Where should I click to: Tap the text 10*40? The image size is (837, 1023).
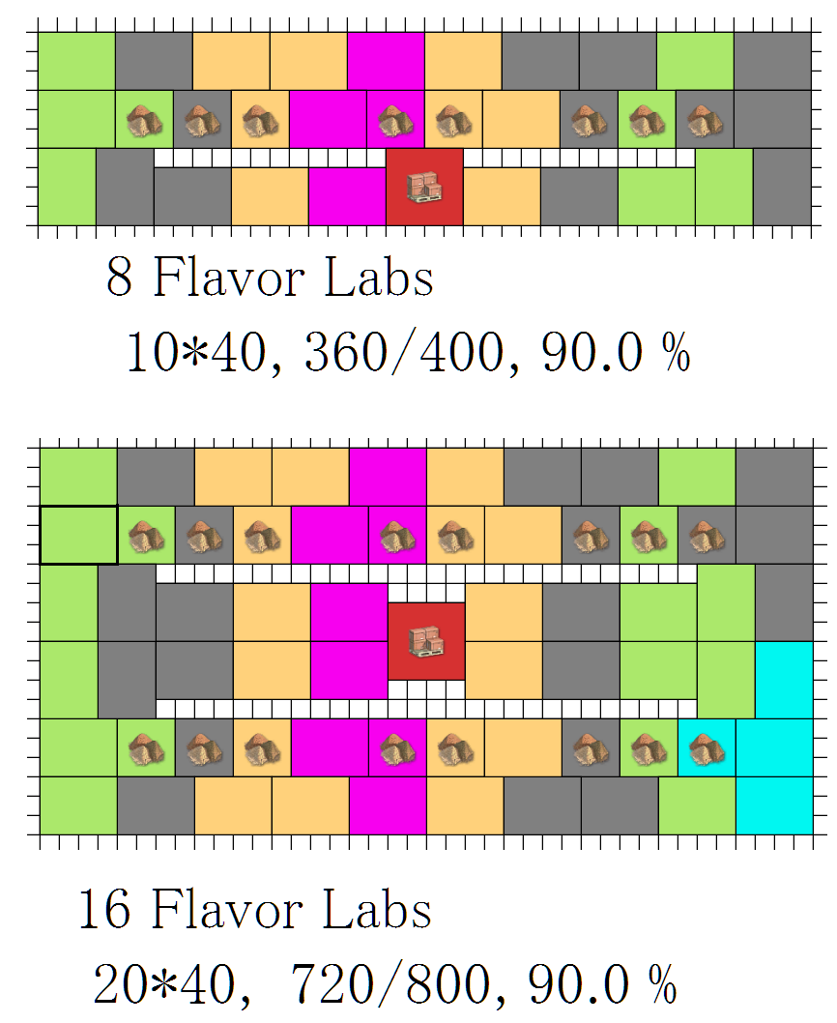tap(194, 355)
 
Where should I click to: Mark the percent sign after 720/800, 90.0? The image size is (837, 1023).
tap(661, 985)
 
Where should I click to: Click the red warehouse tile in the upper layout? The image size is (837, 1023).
tap(424, 187)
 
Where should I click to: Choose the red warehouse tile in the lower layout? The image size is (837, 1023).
tap(426, 641)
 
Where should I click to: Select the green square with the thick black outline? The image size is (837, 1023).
tap(78, 535)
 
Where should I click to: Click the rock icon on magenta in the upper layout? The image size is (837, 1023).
tap(395, 120)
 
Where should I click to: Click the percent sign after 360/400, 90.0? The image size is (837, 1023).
tap(677, 355)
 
